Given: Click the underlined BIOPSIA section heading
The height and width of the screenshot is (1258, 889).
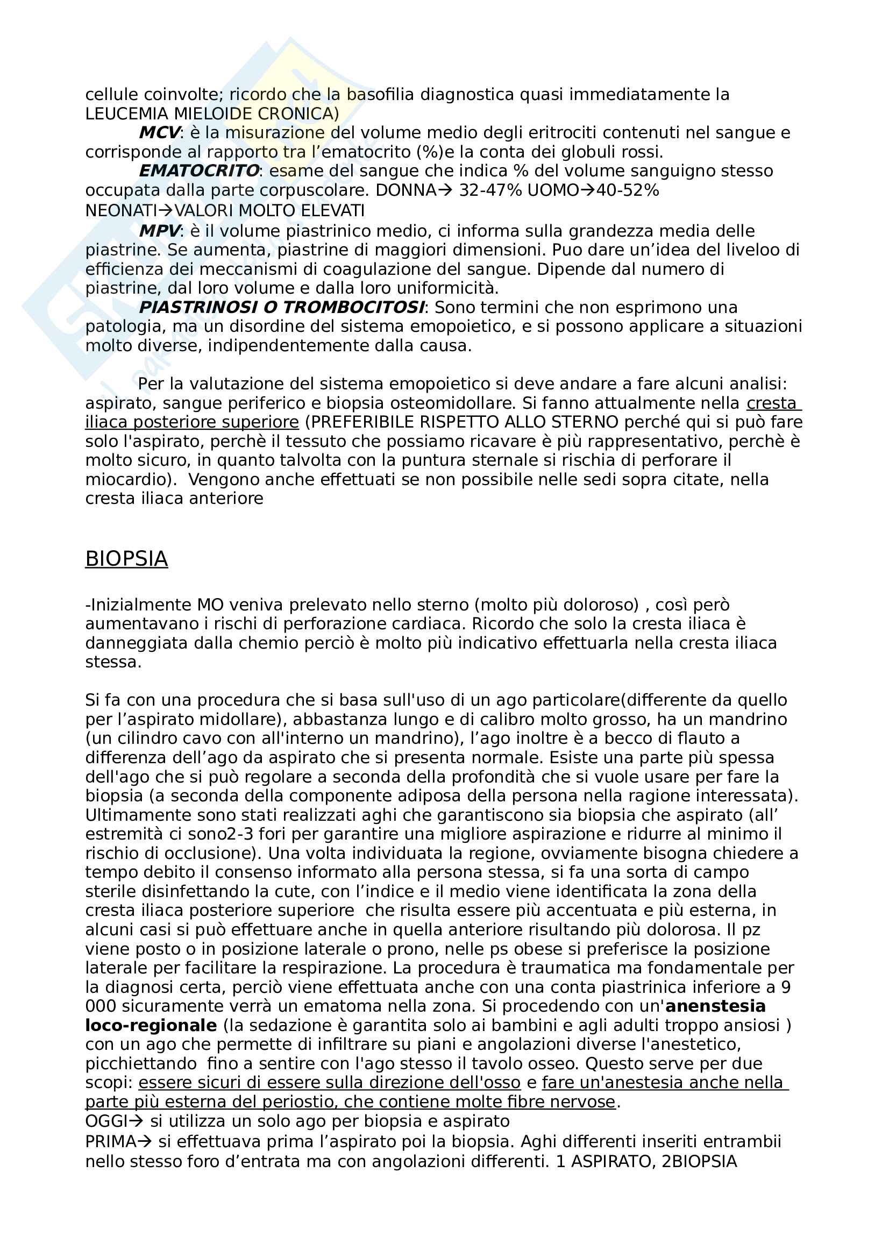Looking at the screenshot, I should click(126, 559).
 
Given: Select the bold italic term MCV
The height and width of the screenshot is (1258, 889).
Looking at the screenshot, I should click(159, 133).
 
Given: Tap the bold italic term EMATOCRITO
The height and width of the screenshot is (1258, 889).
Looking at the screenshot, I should click(199, 171).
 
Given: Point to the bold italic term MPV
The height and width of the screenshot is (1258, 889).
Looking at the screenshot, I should click(159, 231).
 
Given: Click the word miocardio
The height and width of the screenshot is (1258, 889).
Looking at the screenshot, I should click(126, 480).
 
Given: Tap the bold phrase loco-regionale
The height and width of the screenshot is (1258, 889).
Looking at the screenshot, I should click(151, 1026).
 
